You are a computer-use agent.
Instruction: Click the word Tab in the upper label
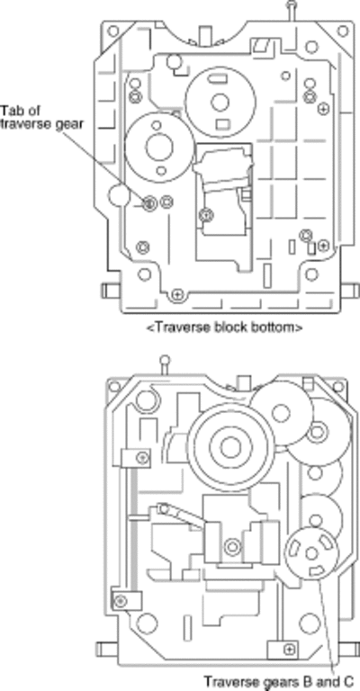point(10,109)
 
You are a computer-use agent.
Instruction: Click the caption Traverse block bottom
point(225,328)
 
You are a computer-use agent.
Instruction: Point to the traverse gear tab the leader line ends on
point(150,202)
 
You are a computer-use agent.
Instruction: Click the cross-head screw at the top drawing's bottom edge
point(176,293)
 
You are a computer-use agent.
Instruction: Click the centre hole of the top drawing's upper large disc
point(220,103)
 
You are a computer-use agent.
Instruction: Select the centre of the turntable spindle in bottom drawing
point(230,448)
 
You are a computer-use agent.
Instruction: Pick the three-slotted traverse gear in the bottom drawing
point(312,553)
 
